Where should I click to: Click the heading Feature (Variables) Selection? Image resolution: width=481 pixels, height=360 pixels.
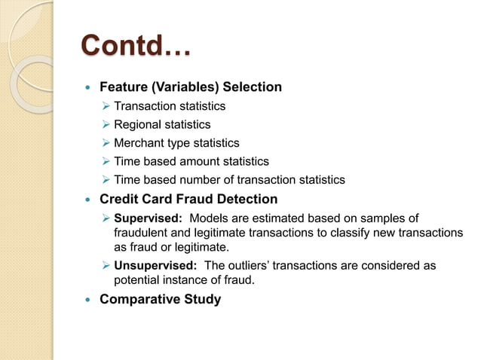click(x=191, y=87)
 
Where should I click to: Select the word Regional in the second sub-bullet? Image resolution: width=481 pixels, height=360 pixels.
click(x=138, y=124)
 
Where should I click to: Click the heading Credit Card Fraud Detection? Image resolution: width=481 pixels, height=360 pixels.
click(x=188, y=199)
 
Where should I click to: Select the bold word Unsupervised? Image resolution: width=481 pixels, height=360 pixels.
click(x=155, y=266)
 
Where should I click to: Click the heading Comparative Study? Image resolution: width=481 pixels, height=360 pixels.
click(x=160, y=299)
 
